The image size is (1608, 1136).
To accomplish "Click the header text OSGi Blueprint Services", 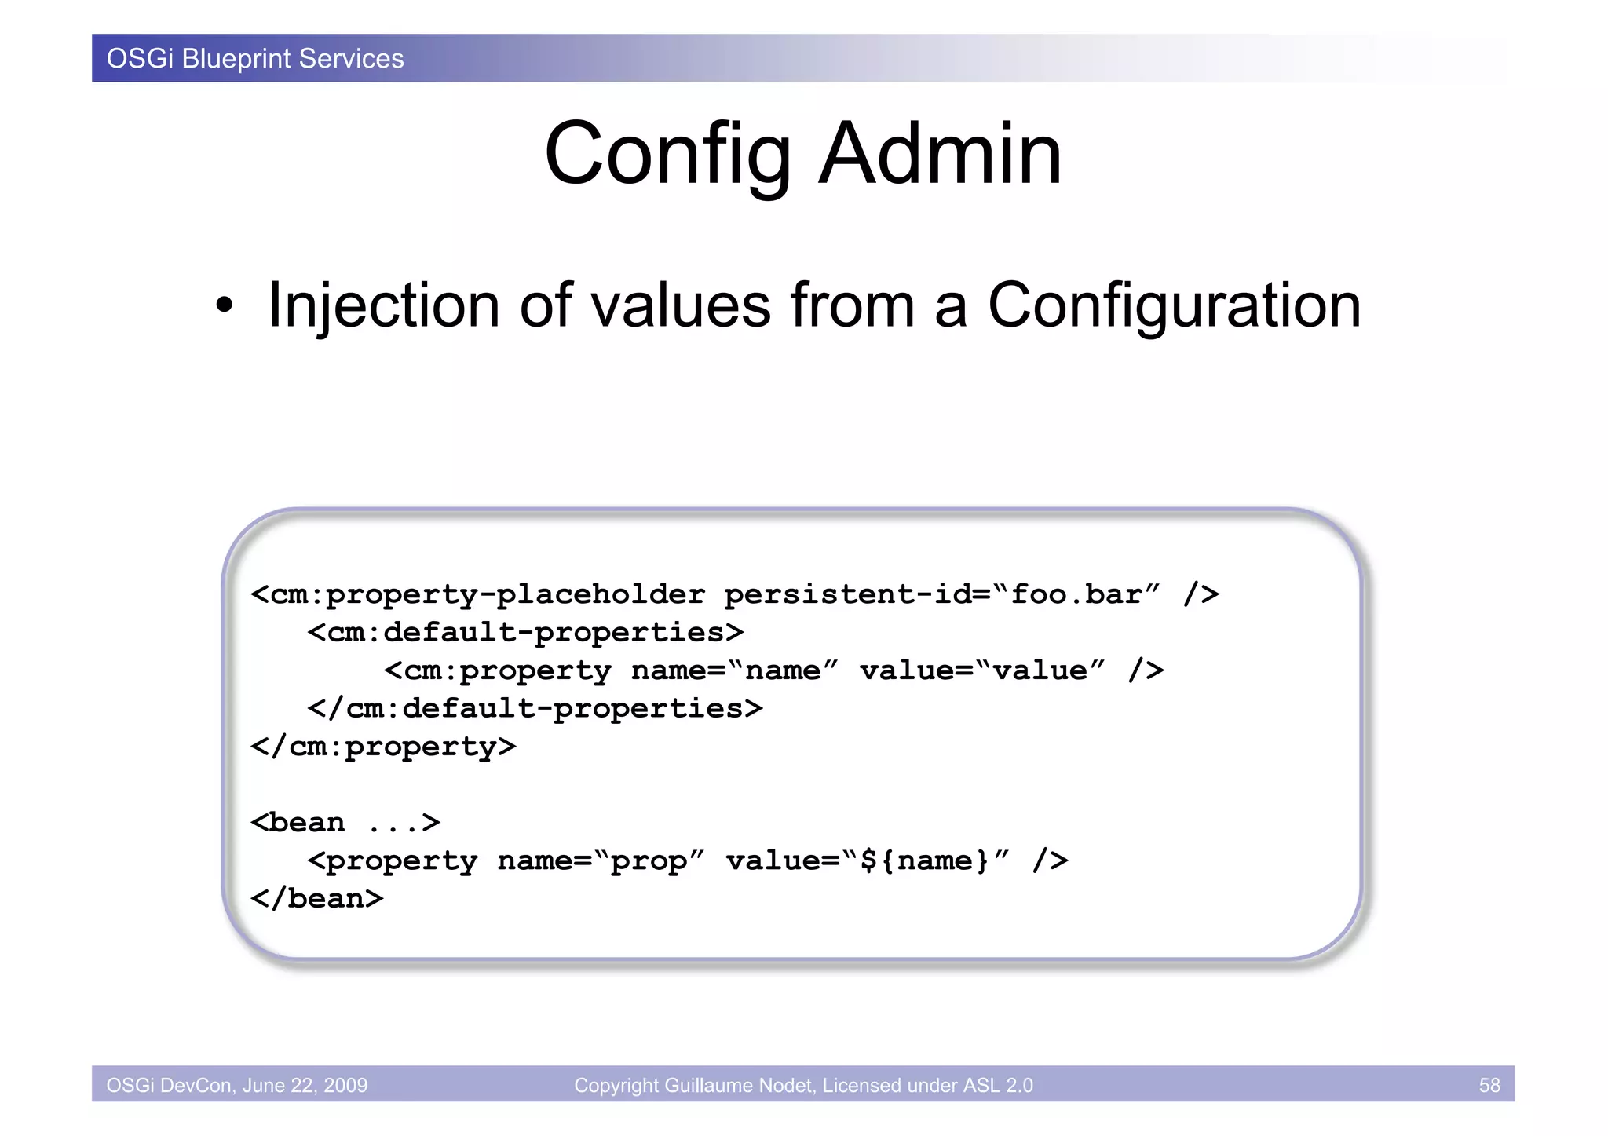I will (x=255, y=59).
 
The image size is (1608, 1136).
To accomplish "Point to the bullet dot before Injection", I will (x=225, y=306).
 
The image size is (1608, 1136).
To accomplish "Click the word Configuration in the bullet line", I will (x=1174, y=306).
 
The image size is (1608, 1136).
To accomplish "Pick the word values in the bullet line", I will (x=681, y=306).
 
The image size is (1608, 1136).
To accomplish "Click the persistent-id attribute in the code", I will (x=847, y=594).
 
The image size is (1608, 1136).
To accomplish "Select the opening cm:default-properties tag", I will (x=525, y=632).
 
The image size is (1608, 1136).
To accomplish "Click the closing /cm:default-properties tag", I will (x=535, y=708).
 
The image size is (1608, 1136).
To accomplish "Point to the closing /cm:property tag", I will (x=383, y=747).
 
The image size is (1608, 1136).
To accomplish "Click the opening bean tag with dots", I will (x=345, y=823).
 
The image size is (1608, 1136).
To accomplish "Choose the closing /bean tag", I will (x=316, y=898).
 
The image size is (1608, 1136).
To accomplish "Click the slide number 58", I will (x=1489, y=1085).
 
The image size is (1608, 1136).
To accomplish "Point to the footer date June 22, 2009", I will (x=305, y=1085).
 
